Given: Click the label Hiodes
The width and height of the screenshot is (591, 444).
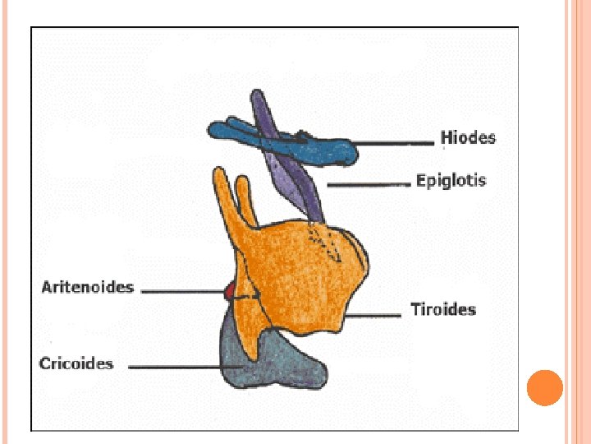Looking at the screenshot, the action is point(468,137).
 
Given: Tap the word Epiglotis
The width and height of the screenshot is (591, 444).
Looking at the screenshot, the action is point(451,181).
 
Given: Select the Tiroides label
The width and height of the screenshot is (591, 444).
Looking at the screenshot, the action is point(443,310).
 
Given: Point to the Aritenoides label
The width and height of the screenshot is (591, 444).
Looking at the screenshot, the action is point(87,288).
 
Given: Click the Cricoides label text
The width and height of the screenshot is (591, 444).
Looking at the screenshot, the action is point(76,363).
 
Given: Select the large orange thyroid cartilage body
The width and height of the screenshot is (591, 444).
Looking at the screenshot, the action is point(312,271).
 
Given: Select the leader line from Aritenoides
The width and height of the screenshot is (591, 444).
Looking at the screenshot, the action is point(185,290).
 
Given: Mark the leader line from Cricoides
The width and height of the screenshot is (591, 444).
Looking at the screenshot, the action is point(176,368).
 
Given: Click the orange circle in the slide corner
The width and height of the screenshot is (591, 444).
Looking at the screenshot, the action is point(544,387).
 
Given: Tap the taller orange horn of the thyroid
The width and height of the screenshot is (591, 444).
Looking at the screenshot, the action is point(222,197).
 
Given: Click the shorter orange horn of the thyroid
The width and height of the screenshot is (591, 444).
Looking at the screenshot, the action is point(243,197).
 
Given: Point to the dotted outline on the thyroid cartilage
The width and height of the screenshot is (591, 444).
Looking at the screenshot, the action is point(324,243).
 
